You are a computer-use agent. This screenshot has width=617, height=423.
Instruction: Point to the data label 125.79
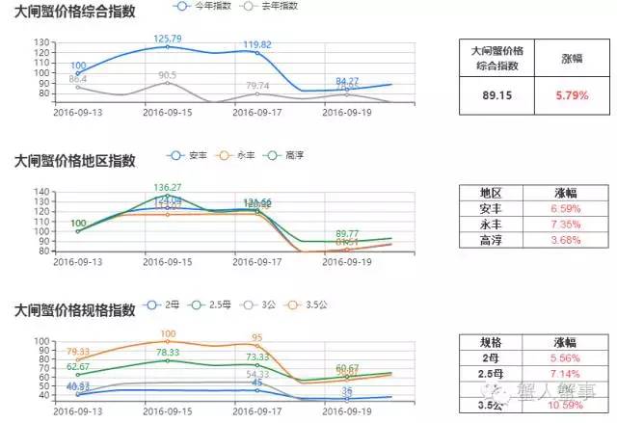[x=168, y=39]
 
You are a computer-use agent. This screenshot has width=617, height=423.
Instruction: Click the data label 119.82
[x=256, y=44]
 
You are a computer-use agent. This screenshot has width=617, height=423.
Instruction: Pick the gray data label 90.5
[x=167, y=75]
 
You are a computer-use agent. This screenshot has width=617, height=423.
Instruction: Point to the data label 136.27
[x=168, y=187]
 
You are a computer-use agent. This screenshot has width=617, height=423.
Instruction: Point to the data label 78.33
[x=168, y=353]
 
